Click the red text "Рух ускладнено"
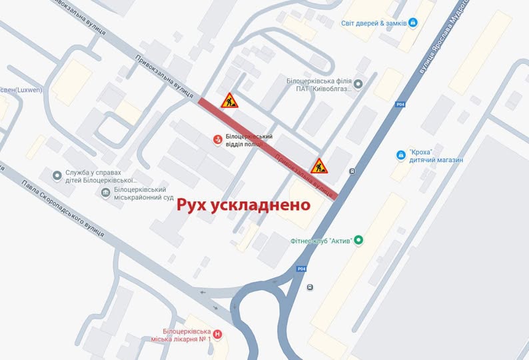point(243,205)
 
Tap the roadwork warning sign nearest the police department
point(230,101)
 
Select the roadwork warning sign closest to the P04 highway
point(319,165)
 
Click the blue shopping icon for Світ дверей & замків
point(413,23)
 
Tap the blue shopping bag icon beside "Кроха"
point(401,155)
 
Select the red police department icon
point(217,139)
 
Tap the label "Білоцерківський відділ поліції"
point(249,140)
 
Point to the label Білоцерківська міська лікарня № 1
point(187,335)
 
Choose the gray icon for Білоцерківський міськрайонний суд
point(105,193)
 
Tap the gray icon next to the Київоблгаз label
point(358,84)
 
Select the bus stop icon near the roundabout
point(310,287)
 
